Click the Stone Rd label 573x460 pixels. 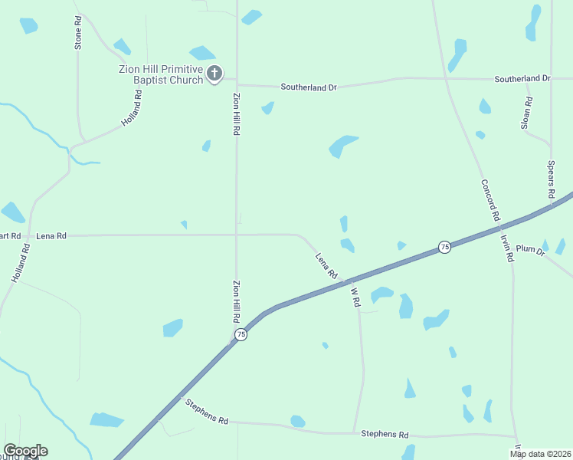pos(77,34)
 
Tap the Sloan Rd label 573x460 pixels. pos(526,113)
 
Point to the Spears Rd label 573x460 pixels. pos(550,180)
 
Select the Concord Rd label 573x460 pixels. pos(490,200)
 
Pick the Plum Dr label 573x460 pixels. pos(529,249)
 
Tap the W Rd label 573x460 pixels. pos(355,297)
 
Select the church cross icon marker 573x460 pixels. pos(215,74)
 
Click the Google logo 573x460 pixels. pos(25,451)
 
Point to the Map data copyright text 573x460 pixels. pos(541,454)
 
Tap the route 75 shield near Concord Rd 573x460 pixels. pos(444,246)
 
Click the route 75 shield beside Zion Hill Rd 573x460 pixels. pos(241,334)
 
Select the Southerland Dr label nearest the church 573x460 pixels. pos(309,87)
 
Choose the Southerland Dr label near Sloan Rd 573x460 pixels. pos(522,79)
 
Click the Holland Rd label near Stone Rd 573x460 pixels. pos(132,109)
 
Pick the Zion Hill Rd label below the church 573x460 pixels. pos(236,115)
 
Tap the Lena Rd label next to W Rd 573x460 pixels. pos(326,265)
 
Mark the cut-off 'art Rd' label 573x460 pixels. pos(11,236)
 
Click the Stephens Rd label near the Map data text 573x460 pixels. pos(385,434)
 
